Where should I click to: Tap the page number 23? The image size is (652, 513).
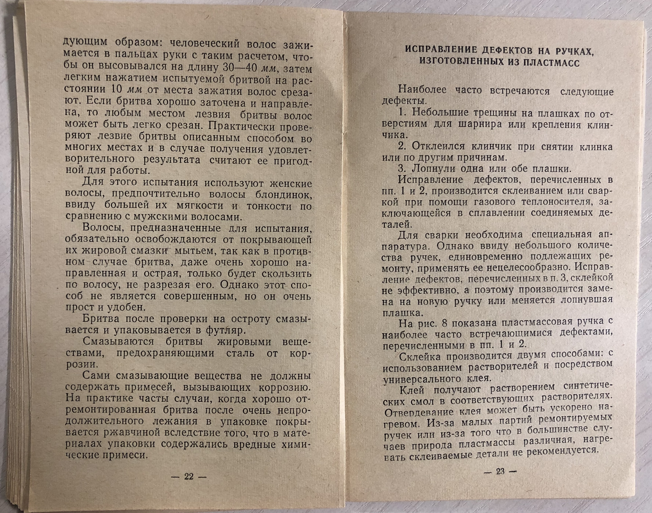500,471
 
